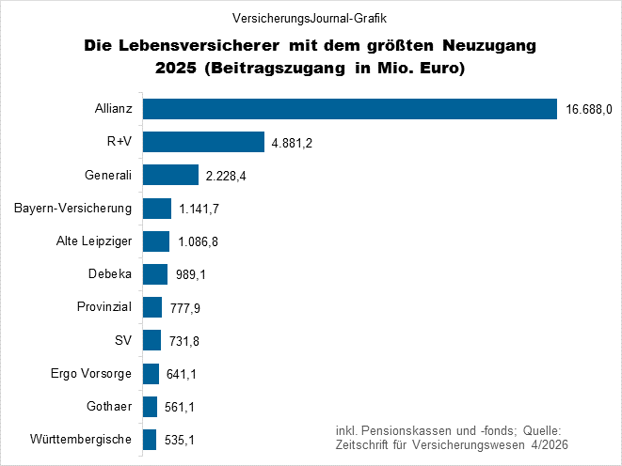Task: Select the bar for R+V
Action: (x=203, y=142)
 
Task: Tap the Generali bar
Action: (x=170, y=175)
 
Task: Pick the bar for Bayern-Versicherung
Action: (x=156, y=208)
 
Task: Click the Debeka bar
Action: (x=154, y=274)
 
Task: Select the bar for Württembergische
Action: (x=149, y=440)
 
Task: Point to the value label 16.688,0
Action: (x=589, y=110)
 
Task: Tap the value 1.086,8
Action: (x=199, y=242)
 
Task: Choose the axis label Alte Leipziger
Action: (x=94, y=241)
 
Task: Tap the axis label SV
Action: (x=123, y=340)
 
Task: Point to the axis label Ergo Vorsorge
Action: (x=91, y=373)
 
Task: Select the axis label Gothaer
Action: (x=110, y=406)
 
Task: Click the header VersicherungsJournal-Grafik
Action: (x=310, y=18)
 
